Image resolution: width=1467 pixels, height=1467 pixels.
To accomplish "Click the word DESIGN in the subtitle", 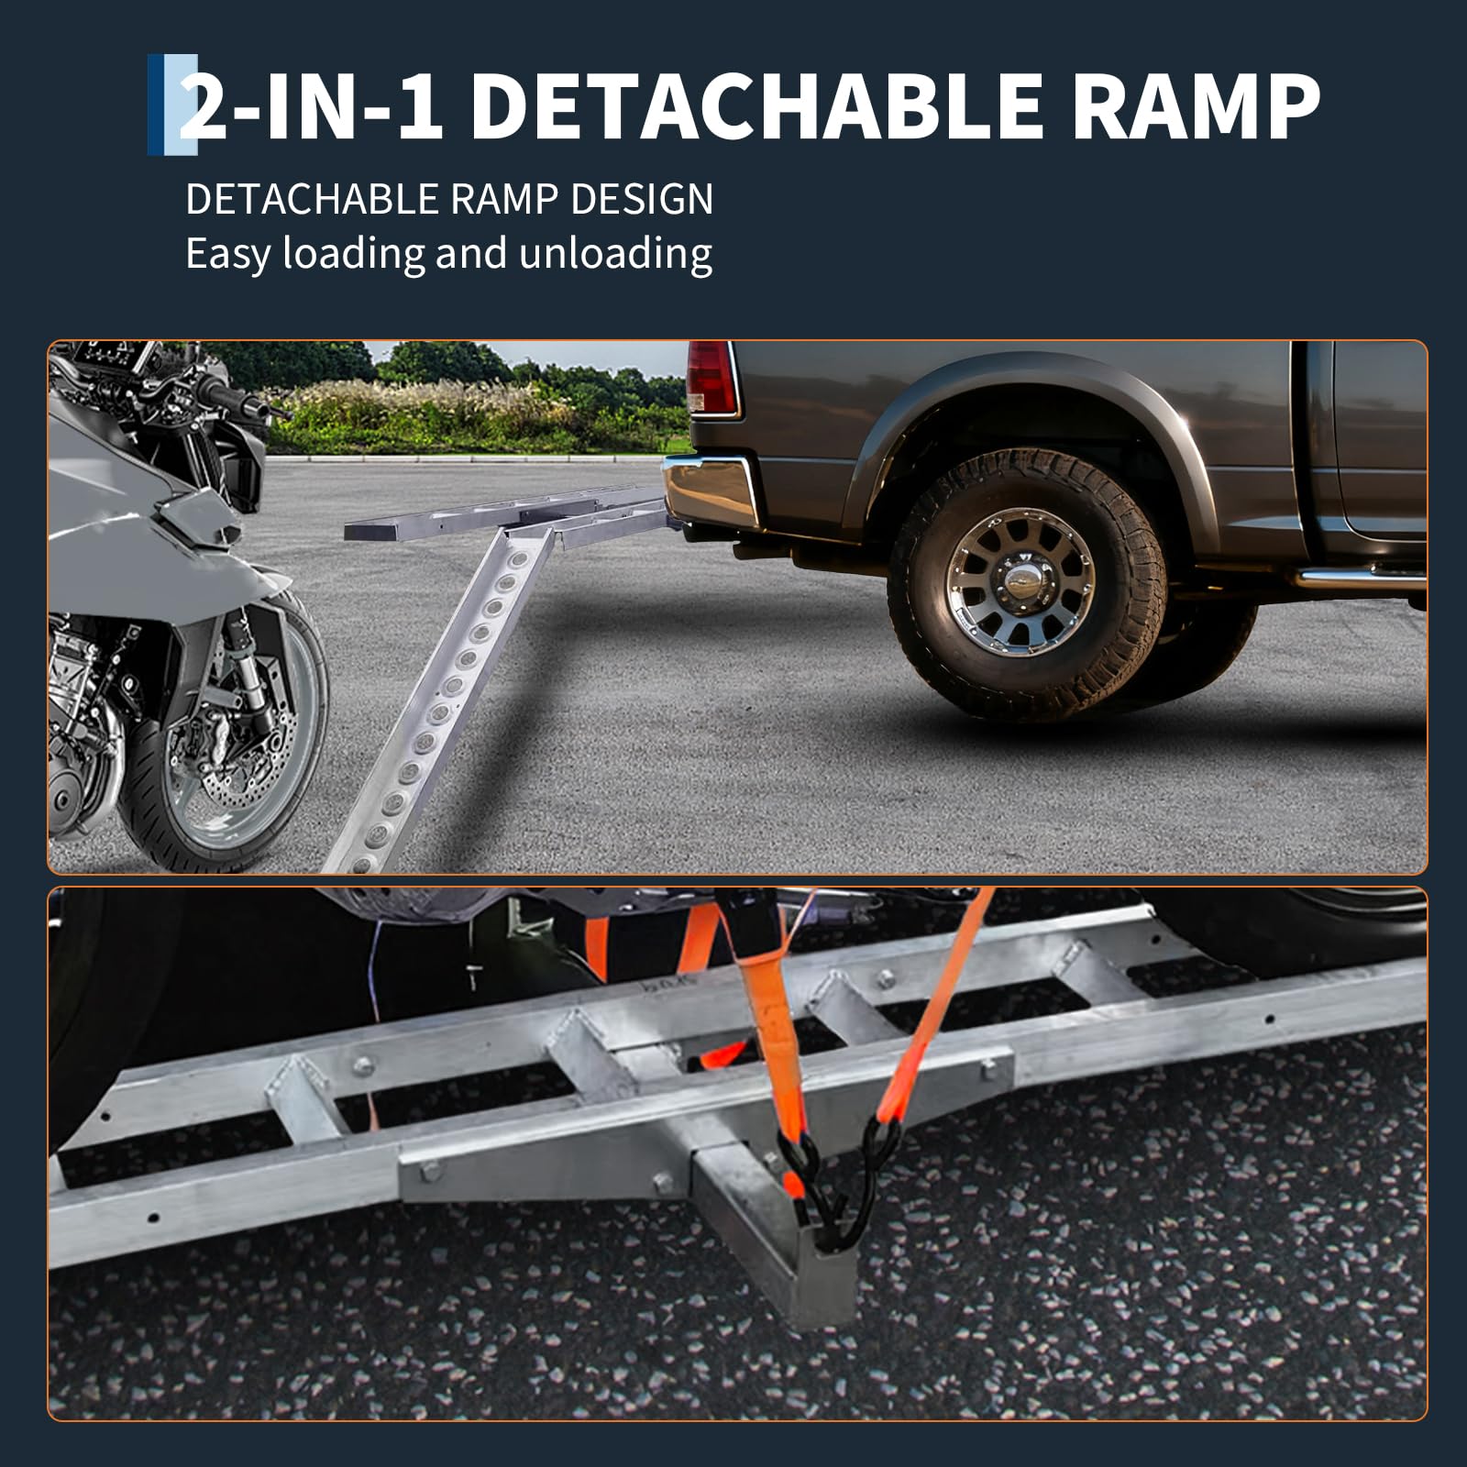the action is [x=642, y=199].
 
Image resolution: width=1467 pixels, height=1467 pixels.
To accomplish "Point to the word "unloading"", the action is [x=615, y=254].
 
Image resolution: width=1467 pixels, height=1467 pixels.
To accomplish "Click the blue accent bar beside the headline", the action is [x=172, y=104].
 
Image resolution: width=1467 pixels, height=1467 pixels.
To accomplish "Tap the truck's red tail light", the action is [x=712, y=378].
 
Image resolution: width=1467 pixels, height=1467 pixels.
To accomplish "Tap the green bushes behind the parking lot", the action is [x=458, y=403].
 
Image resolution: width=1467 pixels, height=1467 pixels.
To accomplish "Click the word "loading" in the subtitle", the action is [x=353, y=254].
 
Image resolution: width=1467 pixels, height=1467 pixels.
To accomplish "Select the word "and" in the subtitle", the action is [x=471, y=254].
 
